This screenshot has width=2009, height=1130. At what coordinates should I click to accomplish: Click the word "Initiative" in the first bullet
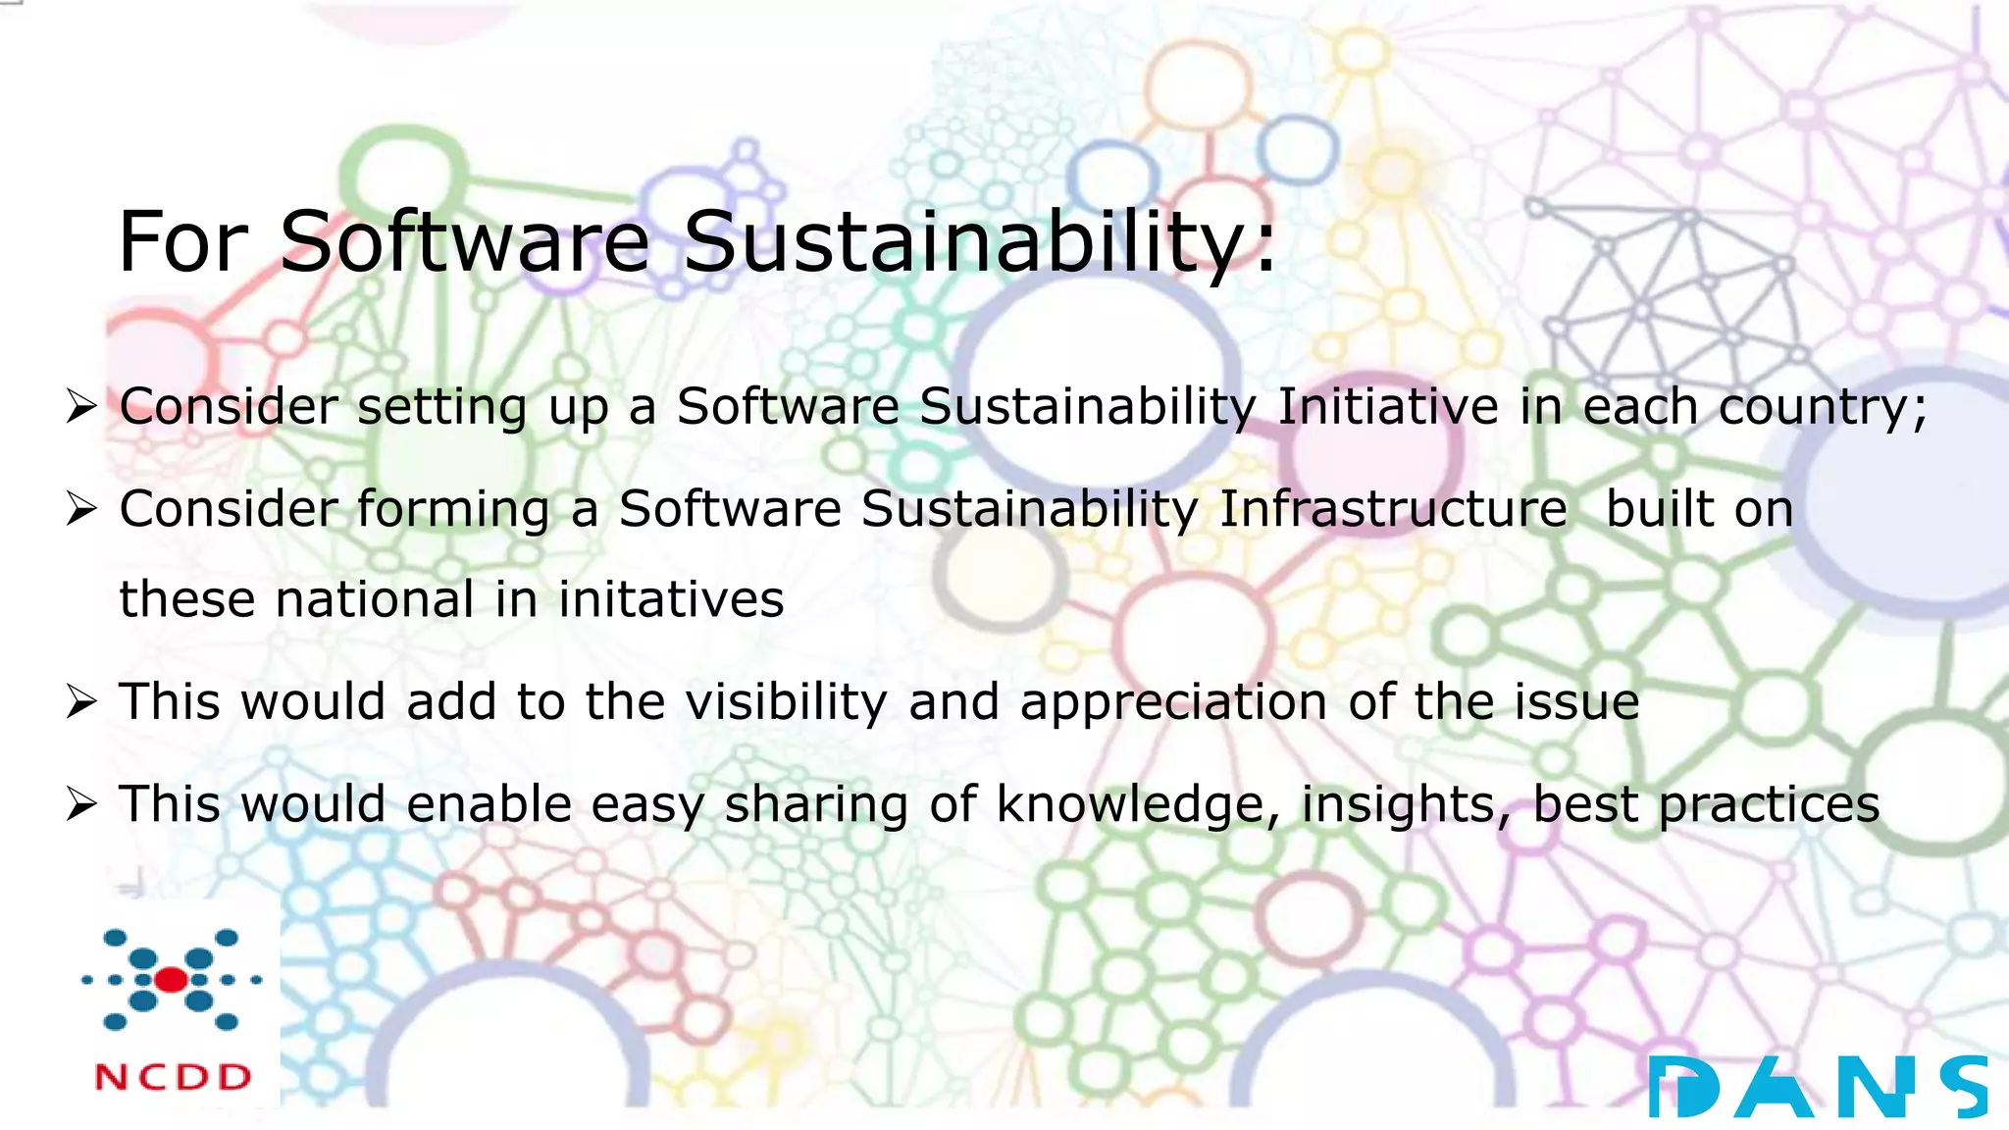[x=1388, y=406]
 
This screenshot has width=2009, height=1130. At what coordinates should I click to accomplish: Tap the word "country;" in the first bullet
[x=1823, y=408]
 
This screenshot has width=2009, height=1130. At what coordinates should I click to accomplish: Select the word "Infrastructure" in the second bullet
[x=1393, y=509]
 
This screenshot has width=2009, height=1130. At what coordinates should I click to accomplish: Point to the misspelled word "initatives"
[x=671, y=599]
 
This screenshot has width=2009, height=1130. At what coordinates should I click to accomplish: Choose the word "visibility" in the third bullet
[x=786, y=702]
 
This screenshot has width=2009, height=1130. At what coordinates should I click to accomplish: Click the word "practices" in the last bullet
[x=1769, y=805]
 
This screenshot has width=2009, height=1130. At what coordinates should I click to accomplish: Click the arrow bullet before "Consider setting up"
[x=80, y=406]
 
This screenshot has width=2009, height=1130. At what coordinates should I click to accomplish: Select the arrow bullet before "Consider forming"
[x=80, y=509]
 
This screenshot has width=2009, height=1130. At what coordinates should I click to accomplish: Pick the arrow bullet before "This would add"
[x=80, y=702]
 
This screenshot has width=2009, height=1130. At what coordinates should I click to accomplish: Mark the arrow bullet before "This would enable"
[x=80, y=804]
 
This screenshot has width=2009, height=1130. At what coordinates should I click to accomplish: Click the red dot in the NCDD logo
[x=171, y=979]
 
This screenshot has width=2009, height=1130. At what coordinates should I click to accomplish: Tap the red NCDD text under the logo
[x=173, y=1077]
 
